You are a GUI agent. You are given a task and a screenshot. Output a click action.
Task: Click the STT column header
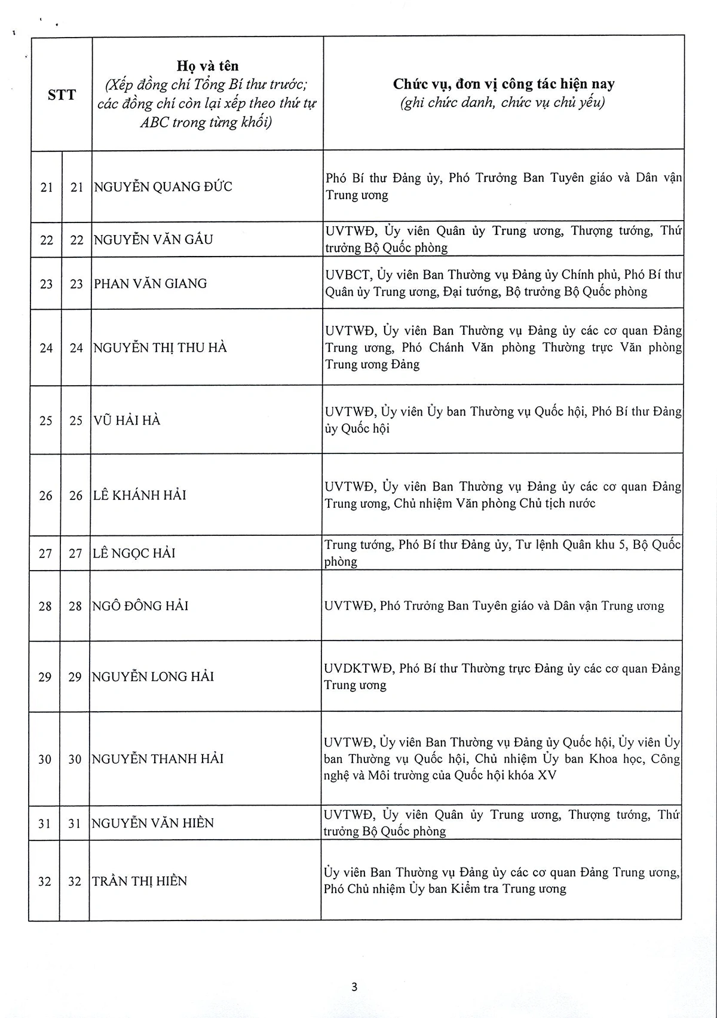(62, 95)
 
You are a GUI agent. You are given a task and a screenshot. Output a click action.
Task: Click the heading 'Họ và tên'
(207, 66)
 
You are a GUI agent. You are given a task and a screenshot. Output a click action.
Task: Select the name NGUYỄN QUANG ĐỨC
(163, 187)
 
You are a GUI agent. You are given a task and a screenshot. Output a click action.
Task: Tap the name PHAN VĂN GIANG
(150, 284)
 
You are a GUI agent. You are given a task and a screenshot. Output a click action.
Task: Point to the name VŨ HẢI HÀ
(127, 420)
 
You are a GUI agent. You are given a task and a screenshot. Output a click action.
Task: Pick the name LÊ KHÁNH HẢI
(139, 495)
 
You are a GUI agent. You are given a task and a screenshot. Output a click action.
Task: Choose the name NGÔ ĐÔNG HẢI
(140, 606)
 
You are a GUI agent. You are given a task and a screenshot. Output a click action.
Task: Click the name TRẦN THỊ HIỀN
(139, 881)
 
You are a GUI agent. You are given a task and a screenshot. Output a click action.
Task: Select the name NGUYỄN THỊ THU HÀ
(160, 348)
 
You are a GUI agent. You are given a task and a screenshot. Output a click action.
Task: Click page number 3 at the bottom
(354, 987)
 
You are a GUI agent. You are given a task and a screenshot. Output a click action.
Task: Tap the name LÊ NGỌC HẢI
(133, 553)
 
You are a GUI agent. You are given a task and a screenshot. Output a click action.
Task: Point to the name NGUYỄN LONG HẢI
(152, 676)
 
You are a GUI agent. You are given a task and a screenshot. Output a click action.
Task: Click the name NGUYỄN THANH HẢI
(157, 759)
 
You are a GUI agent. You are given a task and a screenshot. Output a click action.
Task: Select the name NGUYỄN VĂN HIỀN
(152, 824)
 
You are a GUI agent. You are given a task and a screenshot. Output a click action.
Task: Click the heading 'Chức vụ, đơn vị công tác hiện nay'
(503, 84)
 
